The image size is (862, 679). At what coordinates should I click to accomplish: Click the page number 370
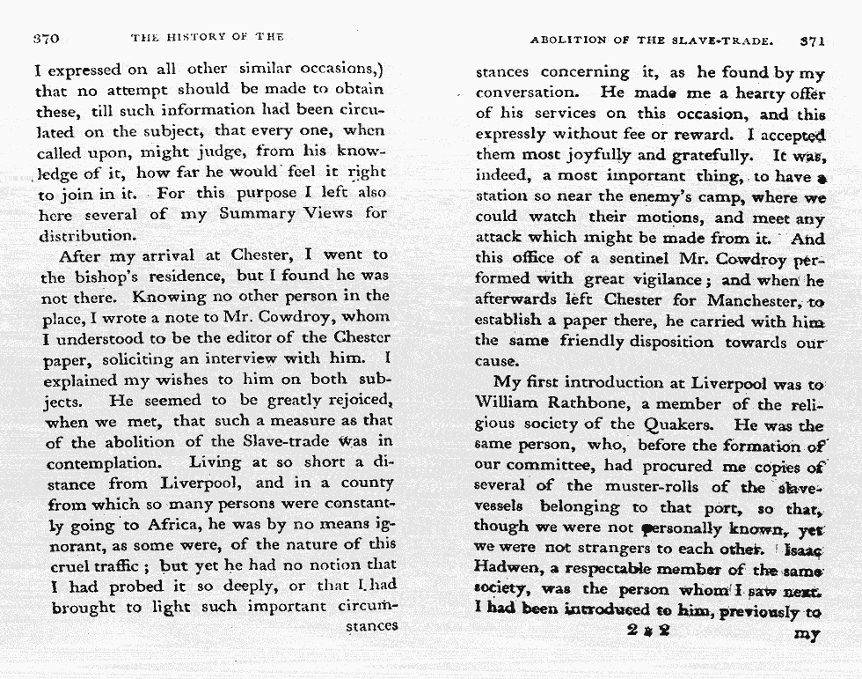tap(46, 38)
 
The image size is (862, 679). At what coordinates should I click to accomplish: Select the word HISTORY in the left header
tap(196, 37)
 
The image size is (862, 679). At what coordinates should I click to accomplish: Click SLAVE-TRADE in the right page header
tap(720, 41)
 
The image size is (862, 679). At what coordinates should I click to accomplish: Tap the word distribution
tap(86, 235)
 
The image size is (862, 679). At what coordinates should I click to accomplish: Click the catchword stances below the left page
tap(371, 627)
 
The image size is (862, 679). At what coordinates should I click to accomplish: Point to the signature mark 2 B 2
tap(649, 630)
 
